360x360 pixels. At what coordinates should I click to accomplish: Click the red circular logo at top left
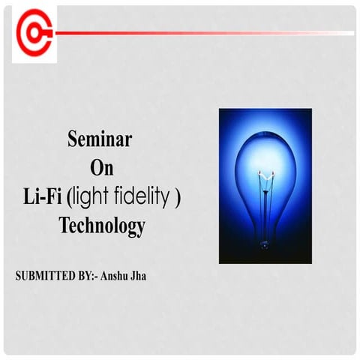coord(34,34)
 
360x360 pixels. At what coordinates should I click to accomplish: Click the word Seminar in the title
coord(100,139)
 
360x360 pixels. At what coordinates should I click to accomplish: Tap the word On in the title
coord(100,167)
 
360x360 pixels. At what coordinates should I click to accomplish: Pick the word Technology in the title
coord(102,226)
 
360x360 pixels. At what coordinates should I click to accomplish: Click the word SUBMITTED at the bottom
coord(44,276)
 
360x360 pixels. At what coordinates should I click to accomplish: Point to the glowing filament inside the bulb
coord(264,173)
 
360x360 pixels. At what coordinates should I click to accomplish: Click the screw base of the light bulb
coord(265,241)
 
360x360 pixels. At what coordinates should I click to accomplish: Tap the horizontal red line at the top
coord(202,33)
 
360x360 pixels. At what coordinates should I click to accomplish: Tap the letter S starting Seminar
coord(73,139)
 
